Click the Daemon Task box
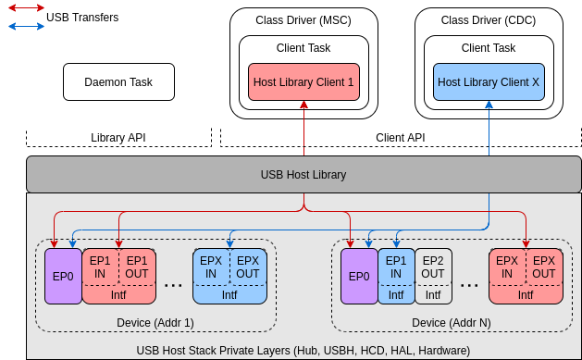(x=118, y=82)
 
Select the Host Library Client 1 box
(x=303, y=82)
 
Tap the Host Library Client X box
(x=489, y=82)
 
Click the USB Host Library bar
(x=303, y=174)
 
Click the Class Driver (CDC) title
(x=489, y=19)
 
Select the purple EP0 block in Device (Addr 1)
(x=63, y=276)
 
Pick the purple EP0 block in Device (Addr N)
(x=359, y=276)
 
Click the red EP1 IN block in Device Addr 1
(x=100, y=267)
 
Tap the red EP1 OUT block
(x=137, y=267)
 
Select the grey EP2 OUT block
(x=433, y=267)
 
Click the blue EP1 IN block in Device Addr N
(x=396, y=267)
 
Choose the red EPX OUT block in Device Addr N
(x=544, y=267)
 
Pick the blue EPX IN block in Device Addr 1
(x=211, y=267)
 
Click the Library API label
(x=118, y=138)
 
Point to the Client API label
(x=400, y=138)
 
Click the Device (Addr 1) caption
(x=155, y=322)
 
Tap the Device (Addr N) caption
(x=452, y=322)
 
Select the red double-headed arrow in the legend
(x=26, y=8)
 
